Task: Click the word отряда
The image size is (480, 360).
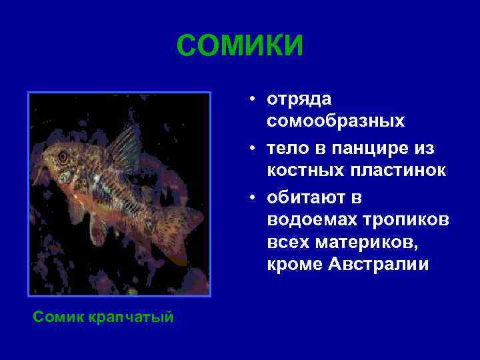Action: pyautogui.click(x=299, y=99)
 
